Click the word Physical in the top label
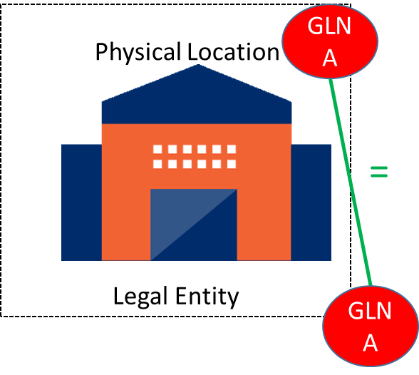pos(138,52)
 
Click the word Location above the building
pos(233,51)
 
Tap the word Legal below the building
pos(141,297)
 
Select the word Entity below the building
pos(207,296)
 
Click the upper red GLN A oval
pos(330,41)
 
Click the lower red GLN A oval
pos(371,326)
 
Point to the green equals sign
pos(379,172)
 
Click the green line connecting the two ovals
pos(350,183)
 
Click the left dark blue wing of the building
pos(81,202)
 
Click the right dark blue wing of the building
pos(311,202)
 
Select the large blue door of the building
pos(194,225)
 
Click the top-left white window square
pos(157,149)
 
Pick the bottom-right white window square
pos(232,164)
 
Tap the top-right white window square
pos(232,149)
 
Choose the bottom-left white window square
pos(157,164)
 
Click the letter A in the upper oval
pos(330,58)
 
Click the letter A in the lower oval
pos(371,343)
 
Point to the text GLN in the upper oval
pos(329,26)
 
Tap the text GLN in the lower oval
pos(370,311)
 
